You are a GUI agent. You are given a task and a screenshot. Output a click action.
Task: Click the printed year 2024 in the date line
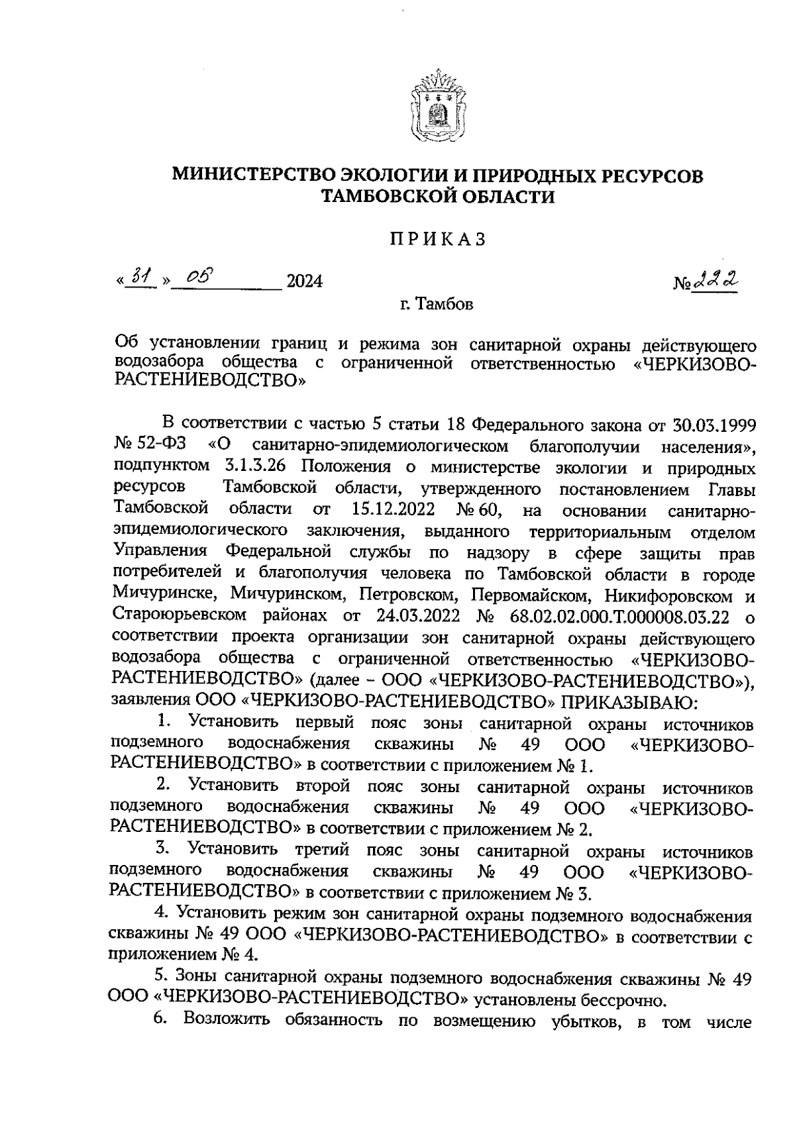click(303, 281)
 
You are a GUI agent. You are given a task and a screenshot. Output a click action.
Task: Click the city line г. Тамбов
click(437, 305)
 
